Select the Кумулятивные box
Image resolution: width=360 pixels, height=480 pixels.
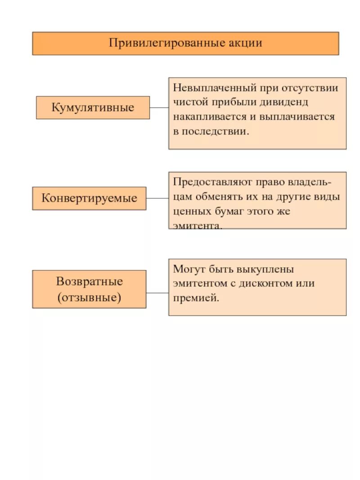pos(93,108)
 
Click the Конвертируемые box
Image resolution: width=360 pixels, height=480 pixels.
pos(89,198)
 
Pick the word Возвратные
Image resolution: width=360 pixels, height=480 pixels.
pos(89,282)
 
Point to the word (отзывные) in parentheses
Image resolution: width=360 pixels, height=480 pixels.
pos(89,297)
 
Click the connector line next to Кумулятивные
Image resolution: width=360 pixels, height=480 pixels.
pos(159,108)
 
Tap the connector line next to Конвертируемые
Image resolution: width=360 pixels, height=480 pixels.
pos(157,198)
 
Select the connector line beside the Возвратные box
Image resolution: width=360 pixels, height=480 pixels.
pos(157,293)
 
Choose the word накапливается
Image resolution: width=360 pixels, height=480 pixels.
pos(205,117)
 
